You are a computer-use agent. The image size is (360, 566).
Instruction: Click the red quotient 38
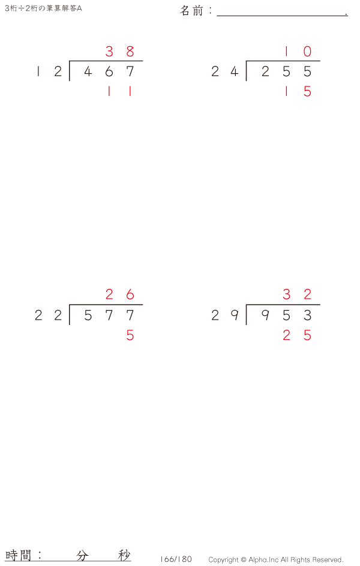[x=120, y=51]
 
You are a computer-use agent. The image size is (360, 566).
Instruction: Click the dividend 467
[x=109, y=71]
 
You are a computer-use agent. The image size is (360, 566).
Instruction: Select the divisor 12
[x=49, y=71]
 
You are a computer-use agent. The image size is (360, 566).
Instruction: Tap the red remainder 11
[x=119, y=91]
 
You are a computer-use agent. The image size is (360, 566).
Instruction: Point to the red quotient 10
[x=298, y=51]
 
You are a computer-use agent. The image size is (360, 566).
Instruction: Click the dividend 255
[x=286, y=71]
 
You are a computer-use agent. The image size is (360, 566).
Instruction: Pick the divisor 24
[x=225, y=71]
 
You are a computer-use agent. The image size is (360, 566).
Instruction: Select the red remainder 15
[x=298, y=91]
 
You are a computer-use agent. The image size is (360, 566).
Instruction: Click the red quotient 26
[x=120, y=294]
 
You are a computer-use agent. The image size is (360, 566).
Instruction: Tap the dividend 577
[x=109, y=315]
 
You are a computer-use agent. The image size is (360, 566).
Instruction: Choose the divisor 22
[x=49, y=315]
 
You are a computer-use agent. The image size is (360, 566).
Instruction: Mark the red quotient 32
[x=297, y=294]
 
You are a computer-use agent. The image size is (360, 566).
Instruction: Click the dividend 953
[x=286, y=315]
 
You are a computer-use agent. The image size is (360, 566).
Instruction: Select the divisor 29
[x=225, y=315]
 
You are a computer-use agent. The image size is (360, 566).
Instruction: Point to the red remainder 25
[x=297, y=336]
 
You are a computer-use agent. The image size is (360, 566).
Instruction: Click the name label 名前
[x=192, y=11]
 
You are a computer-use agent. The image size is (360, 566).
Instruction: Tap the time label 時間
[x=19, y=555]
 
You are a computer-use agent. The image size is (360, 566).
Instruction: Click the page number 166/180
[x=176, y=559]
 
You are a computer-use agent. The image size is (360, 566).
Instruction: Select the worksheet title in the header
[x=43, y=8]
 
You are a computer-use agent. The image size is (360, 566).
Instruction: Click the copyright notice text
[x=276, y=559]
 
